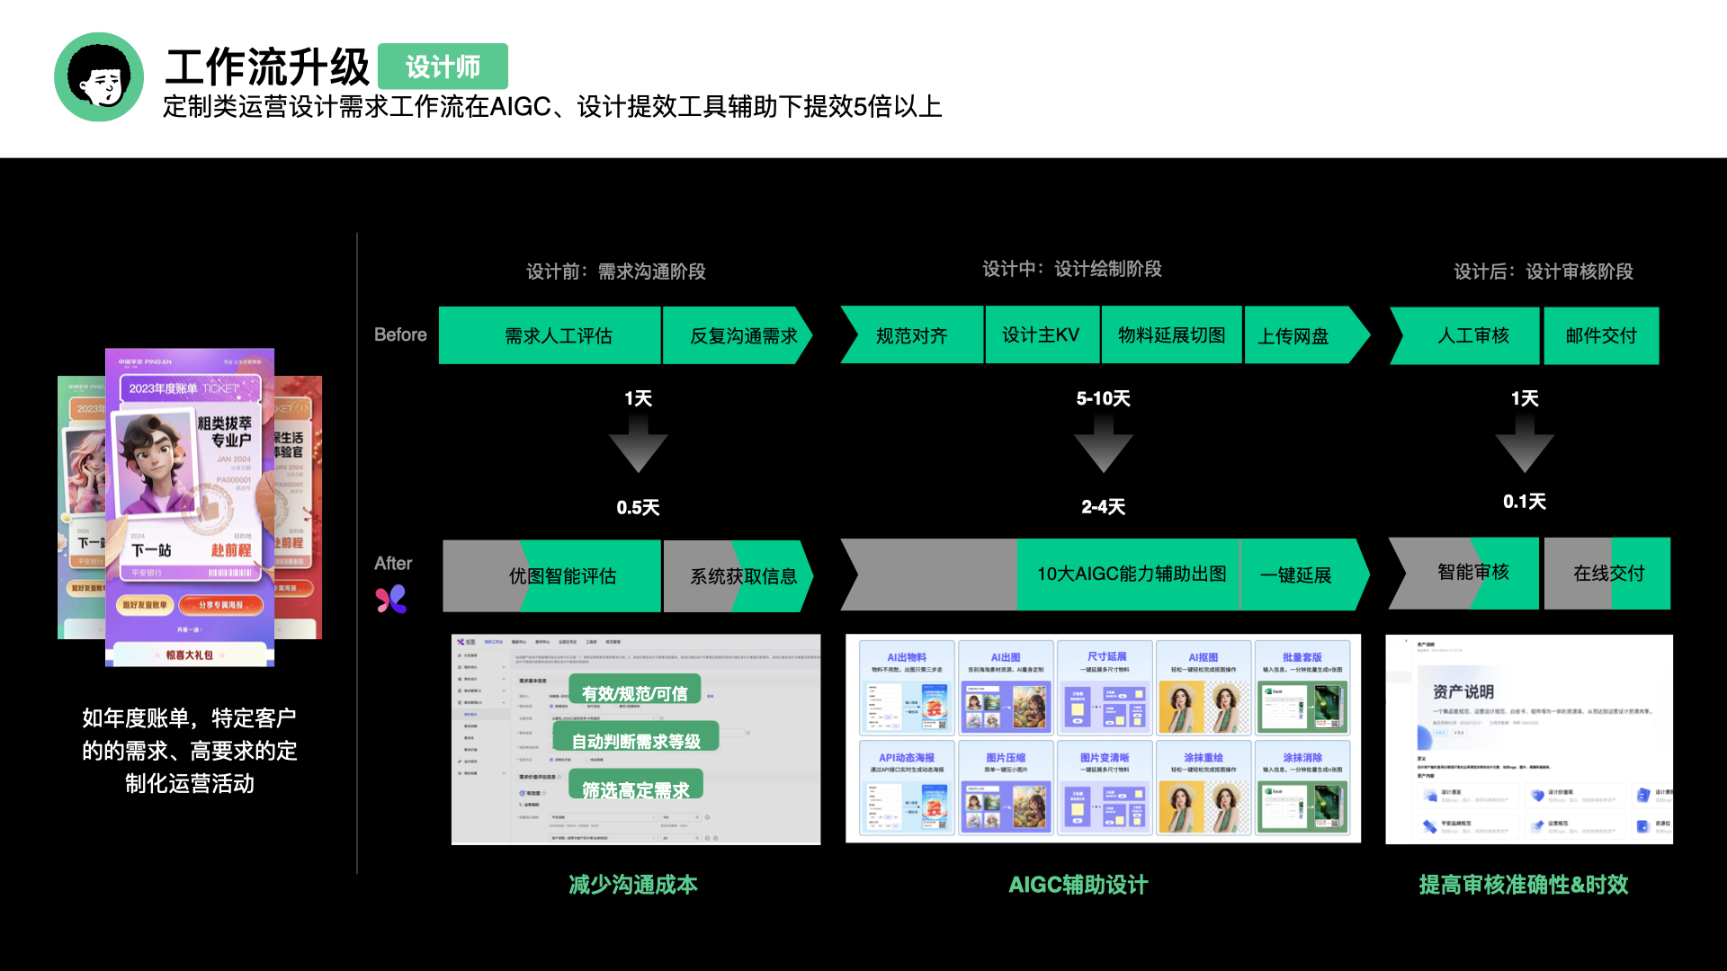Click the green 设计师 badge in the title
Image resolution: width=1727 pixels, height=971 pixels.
(x=443, y=67)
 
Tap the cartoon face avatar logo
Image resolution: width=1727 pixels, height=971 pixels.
(x=99, y=77)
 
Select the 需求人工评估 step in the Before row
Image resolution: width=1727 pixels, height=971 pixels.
(x=558, y=335)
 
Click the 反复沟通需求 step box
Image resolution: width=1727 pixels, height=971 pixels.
(x=743, y=335)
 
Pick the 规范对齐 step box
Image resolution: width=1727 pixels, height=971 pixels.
(x=911, y=335)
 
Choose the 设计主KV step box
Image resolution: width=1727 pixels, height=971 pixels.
(x=1041, y=335)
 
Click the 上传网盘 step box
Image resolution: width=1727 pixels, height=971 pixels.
(x=1293, y=335)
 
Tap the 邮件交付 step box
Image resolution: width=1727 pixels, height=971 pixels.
(x=1601, y=335)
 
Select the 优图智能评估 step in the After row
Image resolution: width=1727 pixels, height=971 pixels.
(x=562, y=575)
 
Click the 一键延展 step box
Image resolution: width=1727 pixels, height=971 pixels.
(x=1295, y=575)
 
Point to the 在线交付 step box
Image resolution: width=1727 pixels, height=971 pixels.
(x=1608, y=574)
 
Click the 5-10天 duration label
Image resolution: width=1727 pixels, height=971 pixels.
(x=1103, y=398)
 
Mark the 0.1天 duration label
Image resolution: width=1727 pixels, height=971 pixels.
(x=1525, y=502)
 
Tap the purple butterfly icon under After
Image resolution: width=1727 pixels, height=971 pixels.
(x=391, y=599)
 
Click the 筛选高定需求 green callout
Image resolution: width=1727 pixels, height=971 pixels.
(x=635, y=789)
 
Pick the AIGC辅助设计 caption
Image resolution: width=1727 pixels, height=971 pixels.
(x=1078, y=885)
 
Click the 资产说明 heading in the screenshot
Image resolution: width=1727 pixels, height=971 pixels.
(x=1463, y=691)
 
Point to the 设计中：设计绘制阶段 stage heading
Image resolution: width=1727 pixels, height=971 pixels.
(x=1071, y=269)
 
